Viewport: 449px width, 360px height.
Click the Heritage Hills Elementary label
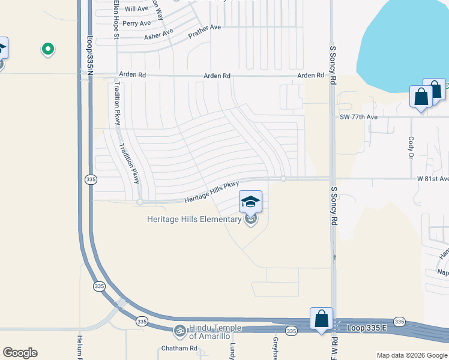194,219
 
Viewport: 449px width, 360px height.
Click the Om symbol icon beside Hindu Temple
179,331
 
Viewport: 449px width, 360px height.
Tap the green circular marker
48,49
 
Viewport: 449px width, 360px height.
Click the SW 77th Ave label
358,117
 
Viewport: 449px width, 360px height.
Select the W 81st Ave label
433,179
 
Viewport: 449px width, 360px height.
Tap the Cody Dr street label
411,147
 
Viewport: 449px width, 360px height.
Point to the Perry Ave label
136,23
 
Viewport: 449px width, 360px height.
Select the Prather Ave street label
205,32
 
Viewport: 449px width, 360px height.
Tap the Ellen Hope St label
116,20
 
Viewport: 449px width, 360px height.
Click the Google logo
20,353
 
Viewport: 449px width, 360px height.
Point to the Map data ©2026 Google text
412,355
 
